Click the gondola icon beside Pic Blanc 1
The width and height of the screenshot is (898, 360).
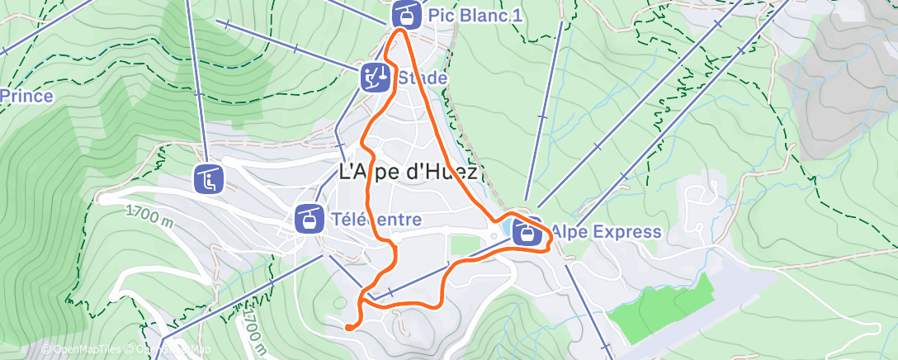404,14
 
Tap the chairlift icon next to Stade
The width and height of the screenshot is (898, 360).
375,78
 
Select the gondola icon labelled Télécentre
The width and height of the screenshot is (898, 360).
309,219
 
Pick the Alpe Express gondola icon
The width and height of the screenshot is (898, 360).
527,232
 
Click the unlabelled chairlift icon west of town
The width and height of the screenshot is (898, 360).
206,178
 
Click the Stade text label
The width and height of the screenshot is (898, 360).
422,78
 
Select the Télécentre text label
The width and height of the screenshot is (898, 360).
375,220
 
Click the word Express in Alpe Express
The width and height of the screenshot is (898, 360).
626,232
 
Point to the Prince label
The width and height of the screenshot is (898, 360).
26,97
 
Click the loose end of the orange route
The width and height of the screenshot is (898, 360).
348,327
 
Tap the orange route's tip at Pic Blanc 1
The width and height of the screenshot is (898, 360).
401,31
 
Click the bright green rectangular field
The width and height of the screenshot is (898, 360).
660,310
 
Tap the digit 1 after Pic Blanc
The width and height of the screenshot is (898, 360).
517,15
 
